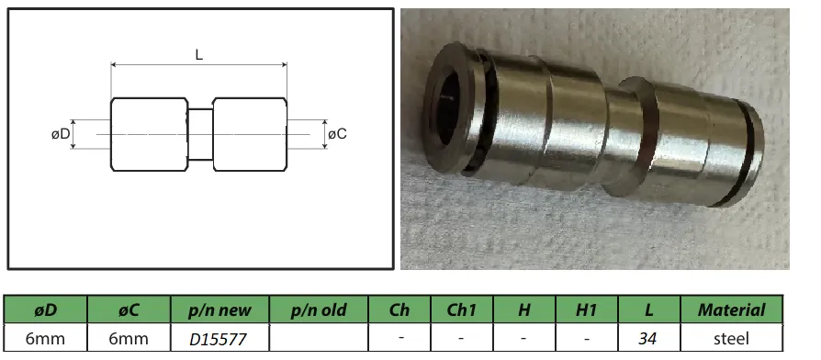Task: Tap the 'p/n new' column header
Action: pyautogui.click(x=219, y=310)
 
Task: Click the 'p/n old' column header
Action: pyautogui.click(x=318, y=310)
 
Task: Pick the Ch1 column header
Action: pyautogui.click(x=461, y=310)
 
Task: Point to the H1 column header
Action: pyautogui.click(x=586, y=310)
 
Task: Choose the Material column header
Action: pyautogui.click(x=731, y=310)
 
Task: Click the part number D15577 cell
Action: pyautogui.click(x=219, y=339)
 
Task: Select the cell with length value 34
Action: pyautogui.click(x=648, y=339)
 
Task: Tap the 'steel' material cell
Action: pyautogui.click(x=731, y=339)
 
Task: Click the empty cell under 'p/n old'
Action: pyautogui.click(x=318, y=339)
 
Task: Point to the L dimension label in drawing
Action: pyautogui.click(x=199, y=54)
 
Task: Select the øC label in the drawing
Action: pyautogui.click(x=337, y=134)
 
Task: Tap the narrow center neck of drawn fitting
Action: pyautogui.click(x=199, y=134)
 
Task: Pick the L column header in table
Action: pyautogui.click(x=648, y=310)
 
